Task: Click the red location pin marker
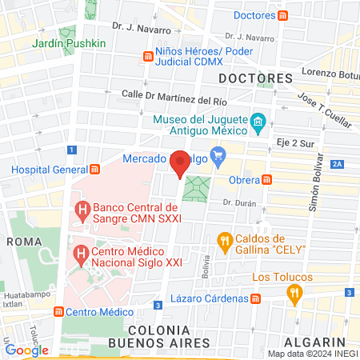[x=181, y=162]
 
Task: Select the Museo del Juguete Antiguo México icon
[x=258, y=122]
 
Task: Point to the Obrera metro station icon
[x=269, y=179]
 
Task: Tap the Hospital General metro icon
[x=95, y=170]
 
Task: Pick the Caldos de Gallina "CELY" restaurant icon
[x=226, y=239]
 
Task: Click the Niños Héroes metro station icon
[x=148, y=56]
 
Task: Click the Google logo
[x=26, y=350]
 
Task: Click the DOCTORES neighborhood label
[x=256, y=78]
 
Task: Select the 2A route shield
[x=337, y=164]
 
